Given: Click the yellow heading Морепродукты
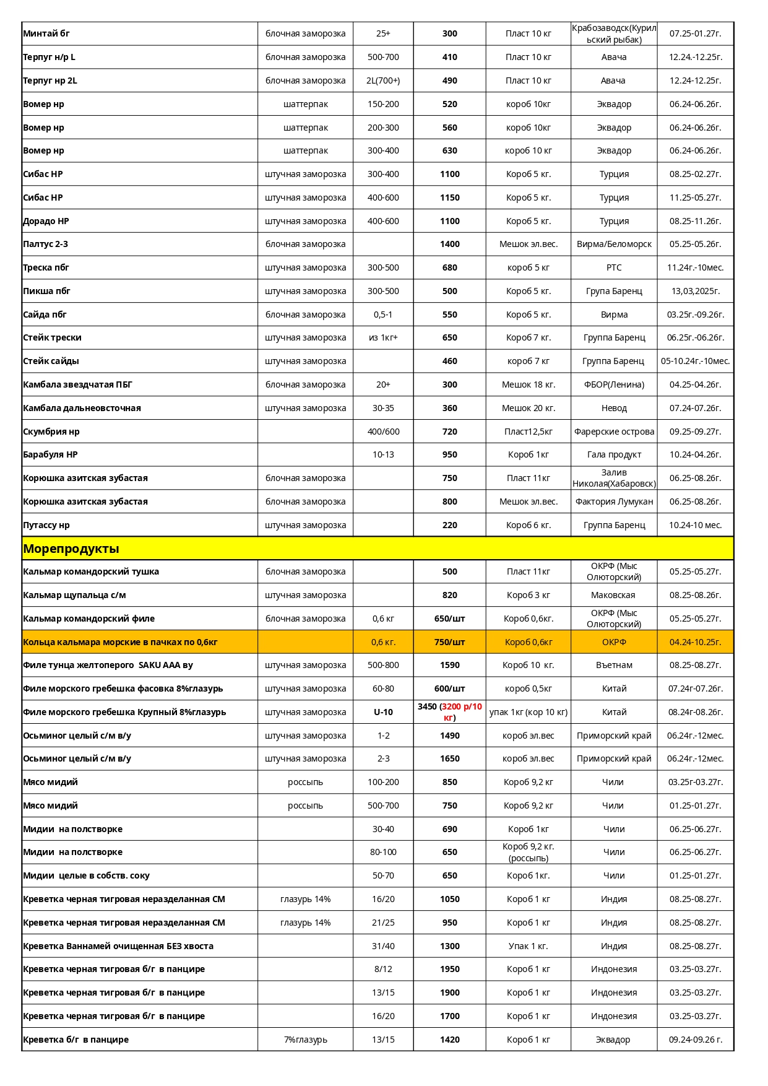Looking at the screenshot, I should click(x=71, y=549).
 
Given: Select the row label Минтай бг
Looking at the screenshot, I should click(x=46, y=33).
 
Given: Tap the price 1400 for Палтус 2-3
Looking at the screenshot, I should click(x=450, y=244).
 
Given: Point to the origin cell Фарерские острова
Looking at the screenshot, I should click(x=614, y=432).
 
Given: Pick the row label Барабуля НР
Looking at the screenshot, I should click(x=50, y=454).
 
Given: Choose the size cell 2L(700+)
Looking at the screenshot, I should click(x=383, y=80).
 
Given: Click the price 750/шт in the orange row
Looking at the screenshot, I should click(x=450, y=642).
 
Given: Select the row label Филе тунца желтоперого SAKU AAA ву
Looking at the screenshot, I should click(x=108, y=665).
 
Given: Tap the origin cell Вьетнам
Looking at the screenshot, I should click(x=614, y=665).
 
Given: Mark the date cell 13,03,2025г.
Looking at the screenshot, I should click(x=696, y=291).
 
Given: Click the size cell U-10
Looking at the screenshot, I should click(x=383, y=712).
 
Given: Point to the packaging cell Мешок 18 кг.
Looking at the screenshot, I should click(x=529, y=384).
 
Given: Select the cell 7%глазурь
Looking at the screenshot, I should click(x=305, y=1040).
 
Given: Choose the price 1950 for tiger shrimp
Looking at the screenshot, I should click(x=450, y=969).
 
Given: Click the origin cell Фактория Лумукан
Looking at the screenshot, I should click(x=614, y=502).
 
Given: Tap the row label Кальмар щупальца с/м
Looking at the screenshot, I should click(x=74, y=595).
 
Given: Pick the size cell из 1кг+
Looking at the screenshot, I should click(x=383, y=337).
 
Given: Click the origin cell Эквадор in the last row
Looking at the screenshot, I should click(x=613, y=1040).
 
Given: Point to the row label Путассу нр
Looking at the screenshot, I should click(x=46, y=525).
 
